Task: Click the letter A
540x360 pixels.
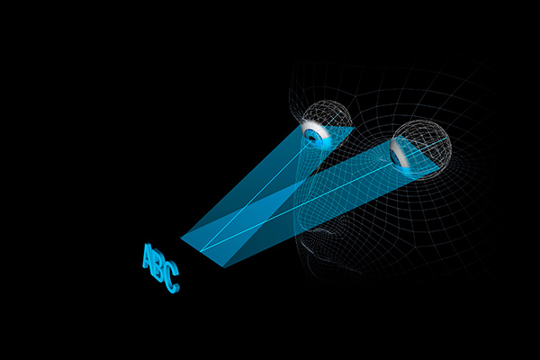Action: pyautogui.click(x=148, y=257)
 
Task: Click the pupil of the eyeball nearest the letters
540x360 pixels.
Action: pyautogui.click(x=313, y=136)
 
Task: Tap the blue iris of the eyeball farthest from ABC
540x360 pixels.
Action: pyautogui.click(x=396, y=157)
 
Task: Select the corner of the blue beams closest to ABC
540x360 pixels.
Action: pyautogui.click(x=182, y=238)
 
